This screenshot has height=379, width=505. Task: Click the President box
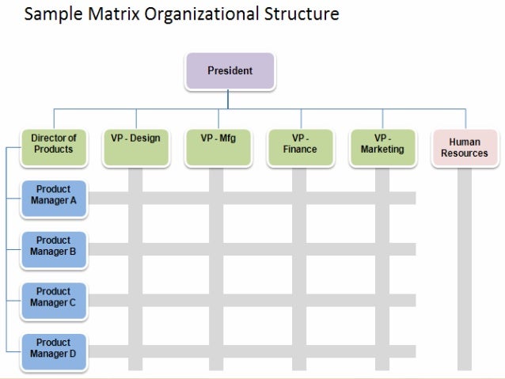click(230, 71)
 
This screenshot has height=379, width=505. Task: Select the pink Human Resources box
click(465, 148)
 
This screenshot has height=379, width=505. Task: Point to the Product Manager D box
click(54, 349)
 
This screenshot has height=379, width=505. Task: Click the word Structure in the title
click(301, 14)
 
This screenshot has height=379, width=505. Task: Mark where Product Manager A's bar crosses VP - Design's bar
click(135, 198)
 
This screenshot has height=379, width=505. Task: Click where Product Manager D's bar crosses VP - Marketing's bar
click(382, 351)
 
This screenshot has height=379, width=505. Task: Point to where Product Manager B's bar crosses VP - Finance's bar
click(299, 249)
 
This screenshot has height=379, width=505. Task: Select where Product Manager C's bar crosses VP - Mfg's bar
click(216, 301)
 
